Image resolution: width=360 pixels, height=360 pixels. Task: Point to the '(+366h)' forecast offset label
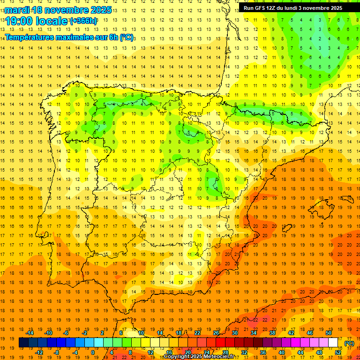point(83,21)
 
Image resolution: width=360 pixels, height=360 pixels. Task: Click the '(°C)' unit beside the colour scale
point(349,343)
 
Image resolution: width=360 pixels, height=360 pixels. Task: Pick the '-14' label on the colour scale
point(30,333)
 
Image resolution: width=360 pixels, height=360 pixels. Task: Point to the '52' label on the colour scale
point(338,352)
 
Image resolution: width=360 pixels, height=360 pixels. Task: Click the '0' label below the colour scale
point(93,352)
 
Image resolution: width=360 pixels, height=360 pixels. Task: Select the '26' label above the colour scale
point(216,333)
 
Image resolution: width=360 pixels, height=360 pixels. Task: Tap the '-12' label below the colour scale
point(39,352)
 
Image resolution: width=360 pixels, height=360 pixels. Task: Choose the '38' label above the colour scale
point(272,333)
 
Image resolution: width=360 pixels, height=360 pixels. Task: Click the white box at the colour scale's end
point(333,343)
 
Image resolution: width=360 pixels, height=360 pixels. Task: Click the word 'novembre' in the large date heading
point(66,9)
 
